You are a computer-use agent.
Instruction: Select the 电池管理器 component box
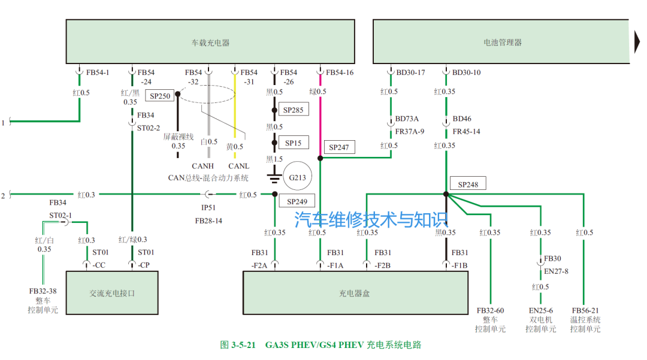502,41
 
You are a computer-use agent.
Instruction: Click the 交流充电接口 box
112,293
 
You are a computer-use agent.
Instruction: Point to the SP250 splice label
160,96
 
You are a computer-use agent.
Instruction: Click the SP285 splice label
293,110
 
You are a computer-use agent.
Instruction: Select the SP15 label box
293,143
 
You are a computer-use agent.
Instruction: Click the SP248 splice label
468,184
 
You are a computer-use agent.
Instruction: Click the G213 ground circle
298,177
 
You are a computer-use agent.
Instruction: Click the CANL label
238,166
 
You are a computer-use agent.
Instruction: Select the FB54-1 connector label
98,73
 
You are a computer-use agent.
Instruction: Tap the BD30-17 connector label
410,73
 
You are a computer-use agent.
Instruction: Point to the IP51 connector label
208,207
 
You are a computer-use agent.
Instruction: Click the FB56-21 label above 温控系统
585,311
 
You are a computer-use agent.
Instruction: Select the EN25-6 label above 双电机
541,311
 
